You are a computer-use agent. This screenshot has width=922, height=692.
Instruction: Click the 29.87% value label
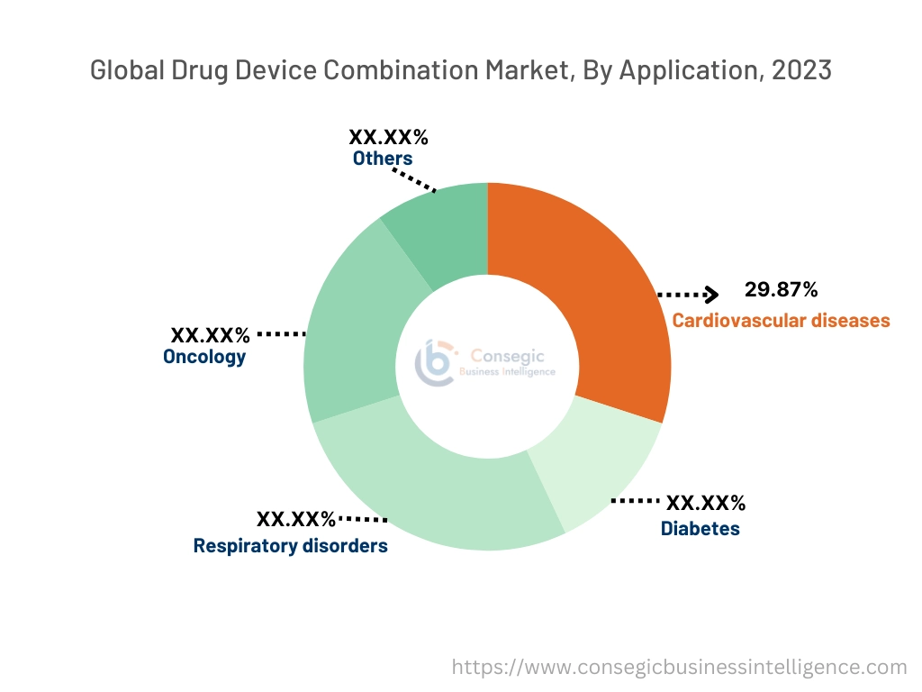(782, 290)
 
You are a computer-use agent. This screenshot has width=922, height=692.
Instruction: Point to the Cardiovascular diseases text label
(781, 320)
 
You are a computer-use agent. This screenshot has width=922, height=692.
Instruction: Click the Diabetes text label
(700, 529)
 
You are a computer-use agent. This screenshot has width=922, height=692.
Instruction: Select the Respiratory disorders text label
(291, 546)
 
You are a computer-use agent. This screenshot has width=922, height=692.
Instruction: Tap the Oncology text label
(204, 357)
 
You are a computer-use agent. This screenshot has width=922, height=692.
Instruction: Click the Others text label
(383, 159)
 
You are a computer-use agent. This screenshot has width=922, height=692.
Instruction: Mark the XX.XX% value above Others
(388, 138)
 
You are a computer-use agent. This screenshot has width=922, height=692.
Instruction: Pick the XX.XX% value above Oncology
(211, 335)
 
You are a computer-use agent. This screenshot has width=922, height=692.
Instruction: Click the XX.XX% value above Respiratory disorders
(296, 520)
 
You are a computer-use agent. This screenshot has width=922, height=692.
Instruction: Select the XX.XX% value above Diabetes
(705, 504)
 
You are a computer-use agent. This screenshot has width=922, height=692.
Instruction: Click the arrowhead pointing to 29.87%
(711, 294)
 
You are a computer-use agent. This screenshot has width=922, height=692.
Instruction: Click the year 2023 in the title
(800, 70)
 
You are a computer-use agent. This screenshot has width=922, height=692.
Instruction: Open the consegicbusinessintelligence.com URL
(679, 668)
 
